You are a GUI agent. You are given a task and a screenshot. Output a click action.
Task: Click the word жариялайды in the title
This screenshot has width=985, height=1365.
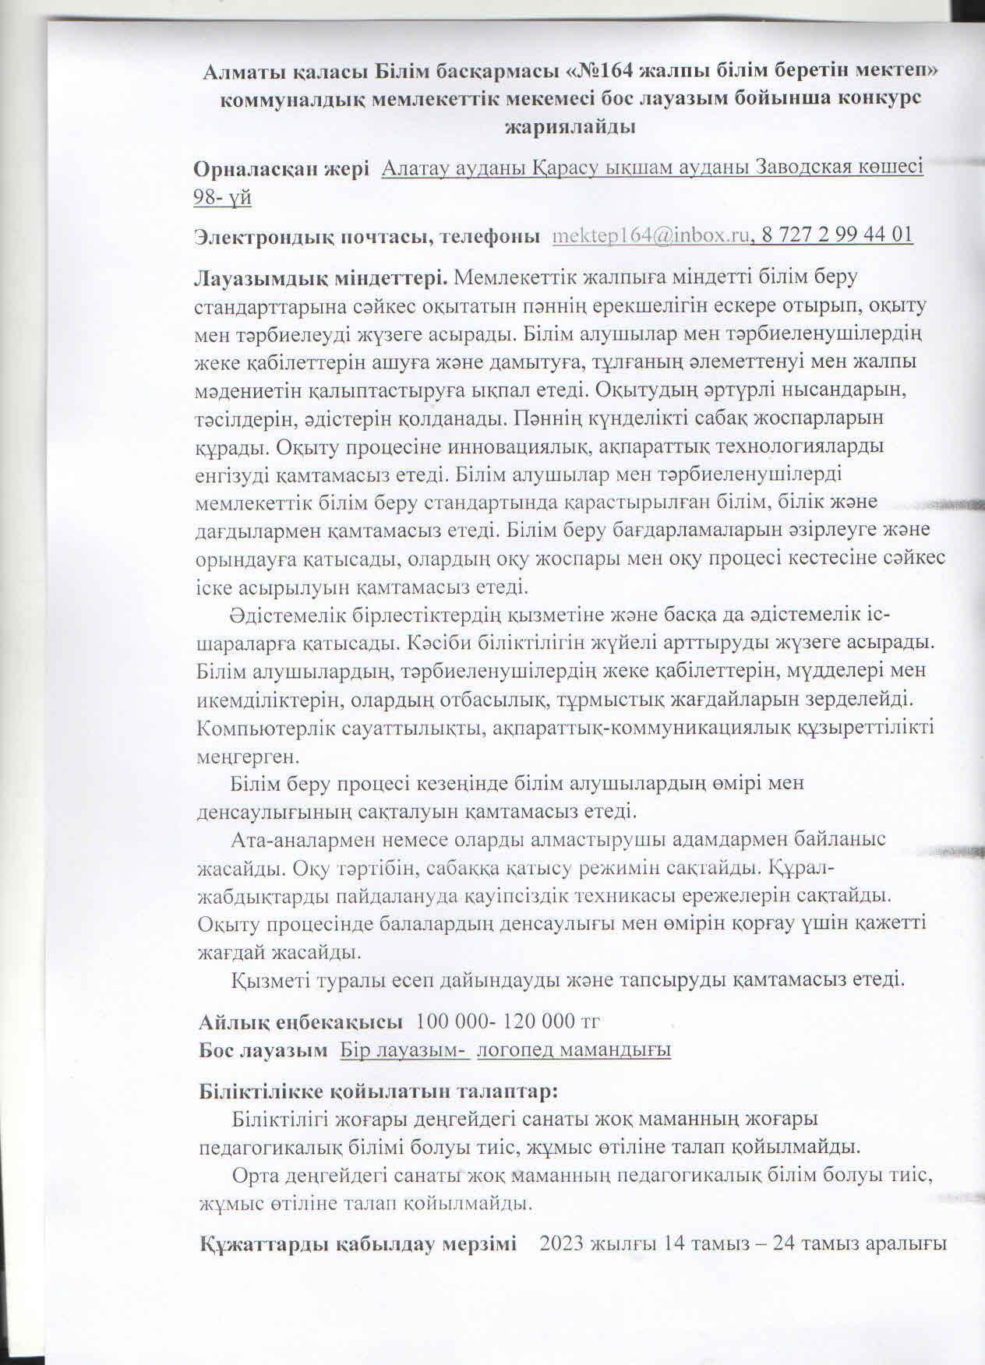pos(570,126)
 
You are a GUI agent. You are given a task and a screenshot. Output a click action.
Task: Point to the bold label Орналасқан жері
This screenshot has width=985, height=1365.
pos(281,169)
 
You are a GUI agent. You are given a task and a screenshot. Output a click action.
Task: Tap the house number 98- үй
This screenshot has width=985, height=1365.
pos(222,197)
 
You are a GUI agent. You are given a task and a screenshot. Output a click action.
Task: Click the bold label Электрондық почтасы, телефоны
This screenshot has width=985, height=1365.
pos(367,235)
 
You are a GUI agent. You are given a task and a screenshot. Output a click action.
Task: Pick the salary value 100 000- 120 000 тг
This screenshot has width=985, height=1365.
pos(508,1021)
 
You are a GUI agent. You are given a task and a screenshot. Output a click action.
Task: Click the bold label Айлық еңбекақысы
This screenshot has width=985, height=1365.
pos(301,1021)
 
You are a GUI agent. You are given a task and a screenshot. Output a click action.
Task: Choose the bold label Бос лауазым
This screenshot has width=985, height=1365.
pos(263,1049)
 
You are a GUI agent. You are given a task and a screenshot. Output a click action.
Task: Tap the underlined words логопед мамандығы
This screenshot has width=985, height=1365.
pos(574,1049)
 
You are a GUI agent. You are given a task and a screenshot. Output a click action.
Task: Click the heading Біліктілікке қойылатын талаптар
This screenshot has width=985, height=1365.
pos(379,1090)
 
